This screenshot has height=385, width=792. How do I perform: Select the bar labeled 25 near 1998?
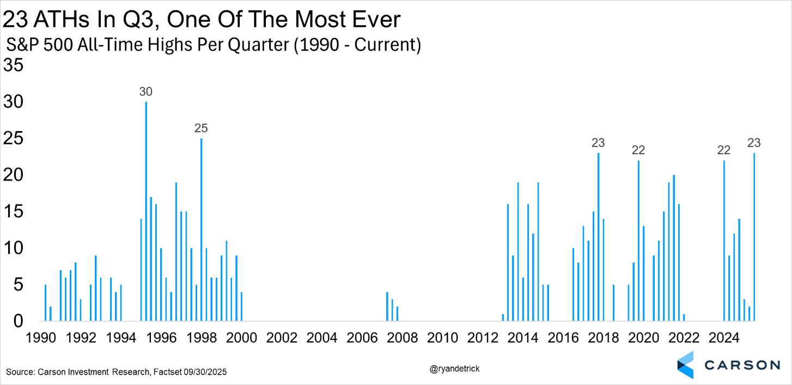[x=202, y=229]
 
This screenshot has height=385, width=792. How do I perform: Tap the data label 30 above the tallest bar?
[x=145, y=92]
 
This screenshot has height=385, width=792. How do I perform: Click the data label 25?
[x=202, y=129]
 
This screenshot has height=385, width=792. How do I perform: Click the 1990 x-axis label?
[x=40, y=338]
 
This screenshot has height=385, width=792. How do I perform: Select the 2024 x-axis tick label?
[x=724, y=338]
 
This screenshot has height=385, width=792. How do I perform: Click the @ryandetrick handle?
[x=455, y=369]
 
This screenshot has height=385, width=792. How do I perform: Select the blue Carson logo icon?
[x=685, y=364]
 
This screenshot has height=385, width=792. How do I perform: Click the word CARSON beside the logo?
[x=741, y=364]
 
